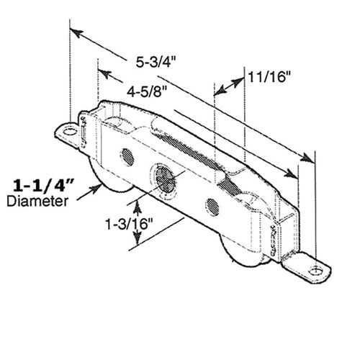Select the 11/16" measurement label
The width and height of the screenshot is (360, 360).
(x=271, y=76)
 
